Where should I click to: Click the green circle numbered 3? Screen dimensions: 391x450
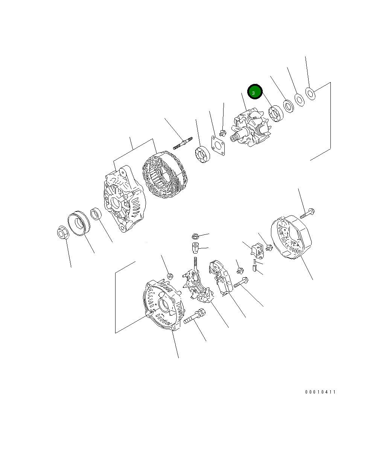[255, 92]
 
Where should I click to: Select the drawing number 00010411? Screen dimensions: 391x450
[320, 392]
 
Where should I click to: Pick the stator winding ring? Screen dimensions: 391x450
[165, 175]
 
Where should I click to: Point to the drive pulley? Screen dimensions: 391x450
[79, 223]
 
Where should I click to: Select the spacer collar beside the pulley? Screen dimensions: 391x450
[96, 214]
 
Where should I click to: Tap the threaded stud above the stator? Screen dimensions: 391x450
[183, 143]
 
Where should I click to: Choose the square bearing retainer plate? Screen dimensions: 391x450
[218, 146]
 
